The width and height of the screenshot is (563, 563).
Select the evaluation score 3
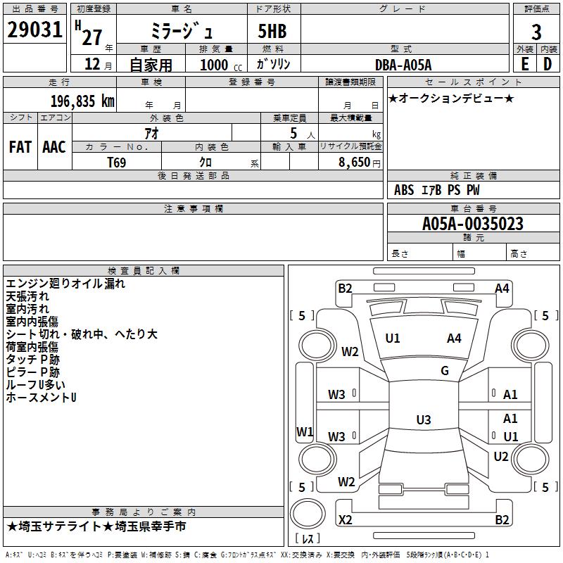tap(536, 32)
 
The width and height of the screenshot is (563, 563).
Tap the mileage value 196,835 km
tap(82, 101)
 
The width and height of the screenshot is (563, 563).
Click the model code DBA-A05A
tap(403, 64)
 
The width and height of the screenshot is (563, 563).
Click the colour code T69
tap(117, 162)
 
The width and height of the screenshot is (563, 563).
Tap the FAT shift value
tap(20, 147)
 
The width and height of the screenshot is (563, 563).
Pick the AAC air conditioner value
tap(54, 147)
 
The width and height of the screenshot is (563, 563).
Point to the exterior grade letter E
tap(524, 64)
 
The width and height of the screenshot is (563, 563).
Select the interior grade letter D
tap(548, 64)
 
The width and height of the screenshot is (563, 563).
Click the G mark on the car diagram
tap(445, 371)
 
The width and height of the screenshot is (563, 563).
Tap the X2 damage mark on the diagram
tap(346, 520)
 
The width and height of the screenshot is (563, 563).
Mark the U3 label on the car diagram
tap(423, 420)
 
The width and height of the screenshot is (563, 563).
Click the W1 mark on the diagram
tap(304, 431)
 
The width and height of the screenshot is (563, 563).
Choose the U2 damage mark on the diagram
tap(501, 457)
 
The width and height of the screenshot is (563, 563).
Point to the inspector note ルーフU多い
tap(36, 385)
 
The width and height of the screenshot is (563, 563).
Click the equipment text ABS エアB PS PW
tap(437, 190)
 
